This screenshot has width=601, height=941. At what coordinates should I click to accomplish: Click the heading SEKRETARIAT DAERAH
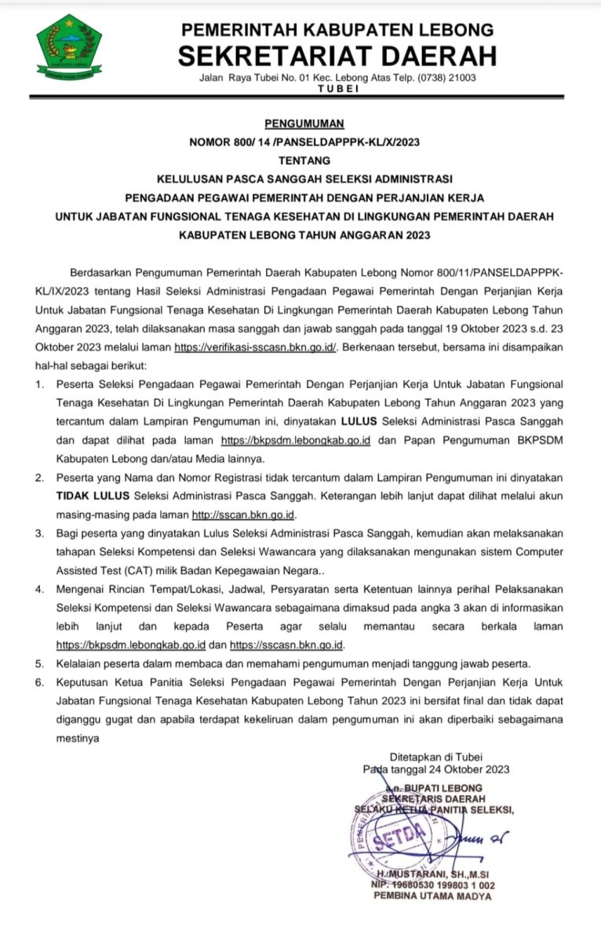tap(337, 56)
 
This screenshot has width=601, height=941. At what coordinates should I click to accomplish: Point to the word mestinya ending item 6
tap(78, 738)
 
